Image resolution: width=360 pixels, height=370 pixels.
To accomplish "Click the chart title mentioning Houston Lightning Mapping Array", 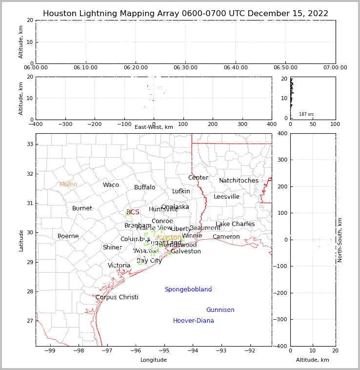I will point(185,14).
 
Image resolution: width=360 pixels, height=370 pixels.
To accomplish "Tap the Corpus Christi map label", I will point(117,297).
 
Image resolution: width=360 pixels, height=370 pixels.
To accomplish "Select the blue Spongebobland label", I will point(188,289).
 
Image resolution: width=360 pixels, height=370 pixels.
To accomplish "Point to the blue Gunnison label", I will point(220,310).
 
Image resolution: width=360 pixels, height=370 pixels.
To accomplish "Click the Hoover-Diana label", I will point(193,321).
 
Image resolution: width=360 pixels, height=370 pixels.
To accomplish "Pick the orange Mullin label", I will point(68,185).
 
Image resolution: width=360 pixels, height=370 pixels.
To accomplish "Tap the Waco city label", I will point(111,185).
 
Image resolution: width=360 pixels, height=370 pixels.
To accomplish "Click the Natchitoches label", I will point(239,181).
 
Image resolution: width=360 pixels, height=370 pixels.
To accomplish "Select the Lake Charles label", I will point(235,224).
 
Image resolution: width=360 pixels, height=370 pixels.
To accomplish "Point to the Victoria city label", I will point(119,266).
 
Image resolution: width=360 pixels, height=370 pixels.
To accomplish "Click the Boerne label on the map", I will point(68,236).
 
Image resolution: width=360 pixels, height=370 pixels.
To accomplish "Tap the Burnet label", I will point(82,208).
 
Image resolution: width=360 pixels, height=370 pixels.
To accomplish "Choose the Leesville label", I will point(226,197).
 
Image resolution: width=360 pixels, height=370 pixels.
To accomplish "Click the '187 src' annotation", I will point(306,114).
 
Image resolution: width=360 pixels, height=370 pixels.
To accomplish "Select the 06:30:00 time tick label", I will point(185,68).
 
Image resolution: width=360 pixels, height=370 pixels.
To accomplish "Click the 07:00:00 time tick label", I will point(335,68).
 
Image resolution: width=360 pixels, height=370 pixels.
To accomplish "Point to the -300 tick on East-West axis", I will point(65,124).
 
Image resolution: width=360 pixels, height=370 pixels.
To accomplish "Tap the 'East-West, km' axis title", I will point(154,127).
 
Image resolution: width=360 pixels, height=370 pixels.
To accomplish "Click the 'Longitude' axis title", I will point(154,360).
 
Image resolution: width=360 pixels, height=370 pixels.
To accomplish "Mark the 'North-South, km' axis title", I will point(340,240).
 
